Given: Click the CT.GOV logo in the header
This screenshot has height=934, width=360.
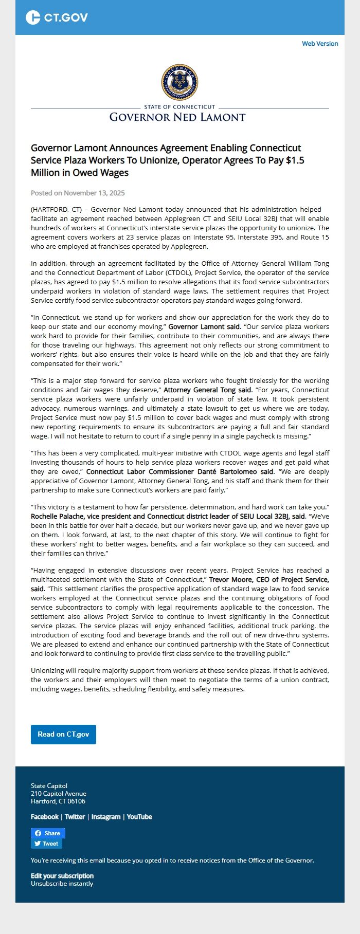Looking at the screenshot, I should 57,17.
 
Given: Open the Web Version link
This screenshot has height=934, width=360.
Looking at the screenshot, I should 320,44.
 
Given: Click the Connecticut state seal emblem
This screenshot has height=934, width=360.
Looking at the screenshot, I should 179,82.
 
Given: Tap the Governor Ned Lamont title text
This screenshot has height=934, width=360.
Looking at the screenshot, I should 177,117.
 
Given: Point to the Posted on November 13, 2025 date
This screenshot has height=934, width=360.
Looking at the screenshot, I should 78,193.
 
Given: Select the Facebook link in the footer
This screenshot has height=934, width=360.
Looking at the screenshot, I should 45,817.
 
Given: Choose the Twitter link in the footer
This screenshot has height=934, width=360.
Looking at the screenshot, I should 75,817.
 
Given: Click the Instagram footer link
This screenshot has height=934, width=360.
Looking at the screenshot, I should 106,817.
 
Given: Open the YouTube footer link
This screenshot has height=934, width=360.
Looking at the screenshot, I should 139,817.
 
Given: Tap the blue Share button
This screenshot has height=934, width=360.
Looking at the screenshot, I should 47,833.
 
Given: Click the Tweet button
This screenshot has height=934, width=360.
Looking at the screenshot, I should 46,844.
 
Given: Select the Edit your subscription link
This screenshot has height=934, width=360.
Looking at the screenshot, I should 62,876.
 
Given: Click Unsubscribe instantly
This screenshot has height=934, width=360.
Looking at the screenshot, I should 62,884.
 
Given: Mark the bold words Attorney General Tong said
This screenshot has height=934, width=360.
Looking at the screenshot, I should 208,390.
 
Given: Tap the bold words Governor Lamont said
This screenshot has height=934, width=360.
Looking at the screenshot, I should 204,327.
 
